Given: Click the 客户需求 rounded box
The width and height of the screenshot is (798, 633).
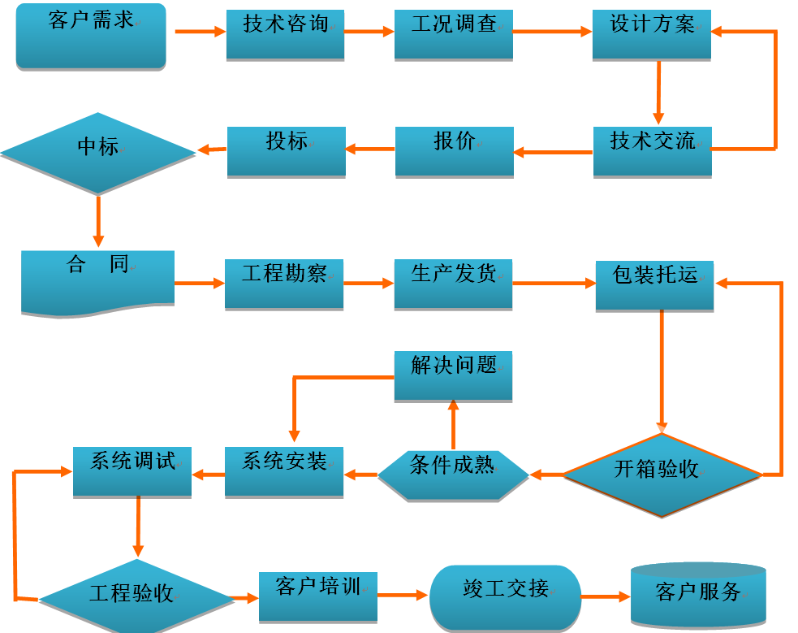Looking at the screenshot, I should tap(91, 37).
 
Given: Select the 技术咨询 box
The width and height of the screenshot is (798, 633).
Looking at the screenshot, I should tap(285, 34).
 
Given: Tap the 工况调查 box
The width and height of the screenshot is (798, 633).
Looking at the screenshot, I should tap(454, 34).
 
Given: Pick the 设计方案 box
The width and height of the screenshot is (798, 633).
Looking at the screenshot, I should tap(652, 34).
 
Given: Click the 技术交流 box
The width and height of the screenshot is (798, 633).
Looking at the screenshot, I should tap(653, 151).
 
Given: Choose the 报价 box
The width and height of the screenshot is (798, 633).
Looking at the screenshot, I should tap(455, 151).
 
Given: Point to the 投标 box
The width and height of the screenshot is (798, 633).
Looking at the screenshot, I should tap(287, 151).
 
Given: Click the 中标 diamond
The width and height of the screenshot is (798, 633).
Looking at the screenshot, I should tap(98, 152).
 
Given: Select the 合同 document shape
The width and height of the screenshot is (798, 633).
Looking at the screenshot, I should tap(97, 281).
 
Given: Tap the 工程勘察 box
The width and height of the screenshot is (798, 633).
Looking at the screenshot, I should tap(284, 284).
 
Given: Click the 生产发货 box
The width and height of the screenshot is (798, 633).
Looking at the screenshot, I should tap(454, 284).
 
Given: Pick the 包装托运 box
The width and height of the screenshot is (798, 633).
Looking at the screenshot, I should tap(655, 285).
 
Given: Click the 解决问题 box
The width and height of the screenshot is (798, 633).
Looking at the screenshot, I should tap(454, 375).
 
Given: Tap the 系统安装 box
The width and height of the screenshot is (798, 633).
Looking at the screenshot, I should tap(284, 471).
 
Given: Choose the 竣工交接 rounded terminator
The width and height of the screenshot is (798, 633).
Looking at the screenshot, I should tap(506, 597).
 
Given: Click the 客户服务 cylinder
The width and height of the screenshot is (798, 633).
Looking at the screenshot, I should tap(698, 595).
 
